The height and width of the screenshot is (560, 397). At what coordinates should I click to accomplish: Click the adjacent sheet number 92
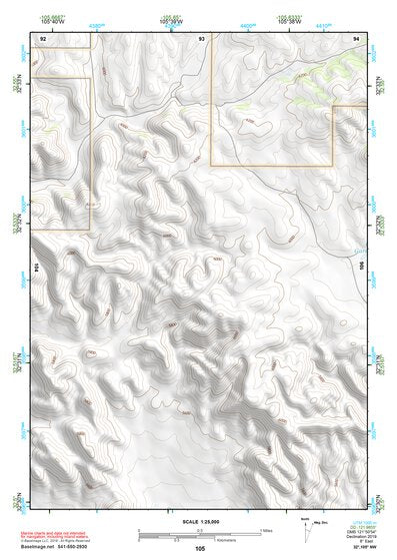tap(43, 38)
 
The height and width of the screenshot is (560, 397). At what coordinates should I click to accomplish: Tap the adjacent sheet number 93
tap(202, 38)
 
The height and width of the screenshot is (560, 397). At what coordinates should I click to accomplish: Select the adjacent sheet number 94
tap(357, 38)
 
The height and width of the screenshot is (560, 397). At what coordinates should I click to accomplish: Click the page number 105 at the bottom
tap(200, 548)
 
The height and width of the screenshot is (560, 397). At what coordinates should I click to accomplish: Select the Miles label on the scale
tap(265, 530)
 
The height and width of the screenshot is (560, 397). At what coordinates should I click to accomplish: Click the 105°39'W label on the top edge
tap(171, 21)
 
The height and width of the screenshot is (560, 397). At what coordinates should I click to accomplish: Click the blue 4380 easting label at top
tap(94, 21)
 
